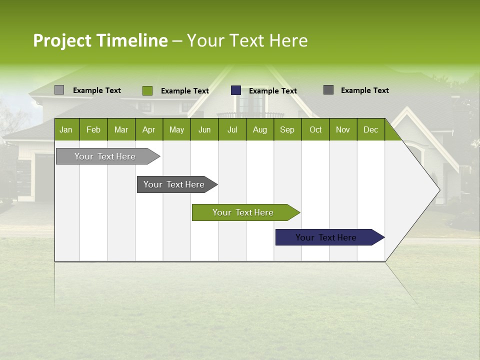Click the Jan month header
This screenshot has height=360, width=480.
[66, 129]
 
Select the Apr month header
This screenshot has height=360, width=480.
[148, 129]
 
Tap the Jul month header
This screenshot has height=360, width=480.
[232, 129]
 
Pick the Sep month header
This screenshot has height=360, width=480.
[287, 129]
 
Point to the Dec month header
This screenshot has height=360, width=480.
[370, 129]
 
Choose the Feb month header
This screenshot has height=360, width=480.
[93, 129]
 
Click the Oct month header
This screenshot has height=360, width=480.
[315, 129]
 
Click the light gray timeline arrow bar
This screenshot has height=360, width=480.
[105, 156]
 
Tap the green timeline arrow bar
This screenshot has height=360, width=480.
[243, 212]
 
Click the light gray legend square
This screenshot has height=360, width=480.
[59, 90]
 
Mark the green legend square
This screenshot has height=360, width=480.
[147, 90]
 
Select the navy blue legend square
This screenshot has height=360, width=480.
[236, 90]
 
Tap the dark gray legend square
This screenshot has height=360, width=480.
[328, 90]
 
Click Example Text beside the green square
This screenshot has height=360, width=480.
[184, 91]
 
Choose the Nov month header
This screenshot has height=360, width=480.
[343, 129]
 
